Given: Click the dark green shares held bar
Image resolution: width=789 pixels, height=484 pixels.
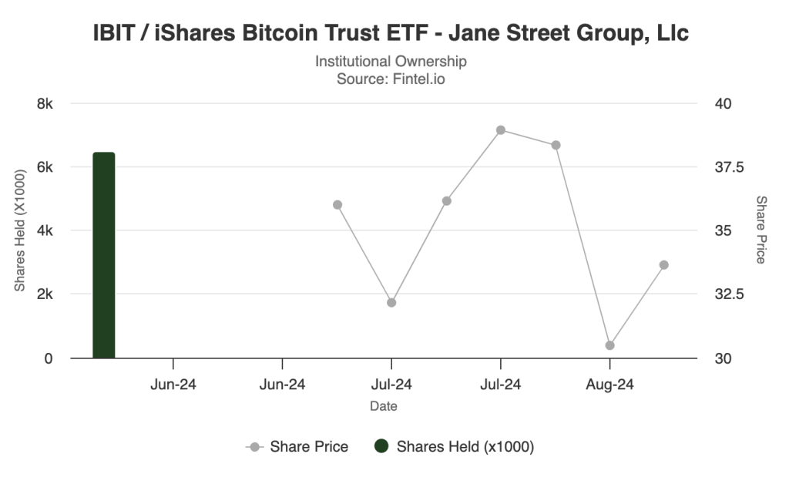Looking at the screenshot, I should [103, 255].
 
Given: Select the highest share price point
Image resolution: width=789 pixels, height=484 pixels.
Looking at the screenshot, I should [501, 130].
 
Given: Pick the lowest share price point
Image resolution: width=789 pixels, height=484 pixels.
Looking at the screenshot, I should [609, 345].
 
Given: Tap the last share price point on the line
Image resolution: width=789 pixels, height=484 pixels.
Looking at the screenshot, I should [663, 265].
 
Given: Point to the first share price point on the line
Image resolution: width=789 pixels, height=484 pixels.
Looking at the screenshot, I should [337, 205].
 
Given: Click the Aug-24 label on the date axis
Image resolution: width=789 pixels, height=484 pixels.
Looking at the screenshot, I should [609, 385].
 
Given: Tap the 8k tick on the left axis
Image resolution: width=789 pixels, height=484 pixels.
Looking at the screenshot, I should [45, 104].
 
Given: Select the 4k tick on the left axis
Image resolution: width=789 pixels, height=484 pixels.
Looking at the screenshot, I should [45, 230].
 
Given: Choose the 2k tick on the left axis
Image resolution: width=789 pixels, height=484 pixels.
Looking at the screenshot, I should [45, 294].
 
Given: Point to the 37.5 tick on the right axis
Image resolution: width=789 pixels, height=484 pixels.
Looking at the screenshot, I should [724, 167].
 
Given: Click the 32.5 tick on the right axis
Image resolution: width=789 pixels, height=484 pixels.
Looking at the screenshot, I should [724, 294].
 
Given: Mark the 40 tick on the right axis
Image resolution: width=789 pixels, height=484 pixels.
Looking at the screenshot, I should [717, 104].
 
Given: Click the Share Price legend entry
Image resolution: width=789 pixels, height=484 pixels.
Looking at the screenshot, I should [297, 447].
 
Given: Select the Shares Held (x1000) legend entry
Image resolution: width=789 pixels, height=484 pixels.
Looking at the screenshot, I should [455, 447].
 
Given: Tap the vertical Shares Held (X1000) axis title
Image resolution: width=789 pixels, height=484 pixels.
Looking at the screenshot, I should [21, 230].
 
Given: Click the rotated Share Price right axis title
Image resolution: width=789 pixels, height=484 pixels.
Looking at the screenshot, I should [760, 230].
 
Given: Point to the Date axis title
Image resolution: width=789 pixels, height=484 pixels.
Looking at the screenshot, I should [384, 406].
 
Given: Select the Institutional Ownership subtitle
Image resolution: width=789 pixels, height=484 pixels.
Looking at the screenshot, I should [391, 61].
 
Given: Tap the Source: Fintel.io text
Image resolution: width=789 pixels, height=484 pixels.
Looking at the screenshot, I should [391, 78].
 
